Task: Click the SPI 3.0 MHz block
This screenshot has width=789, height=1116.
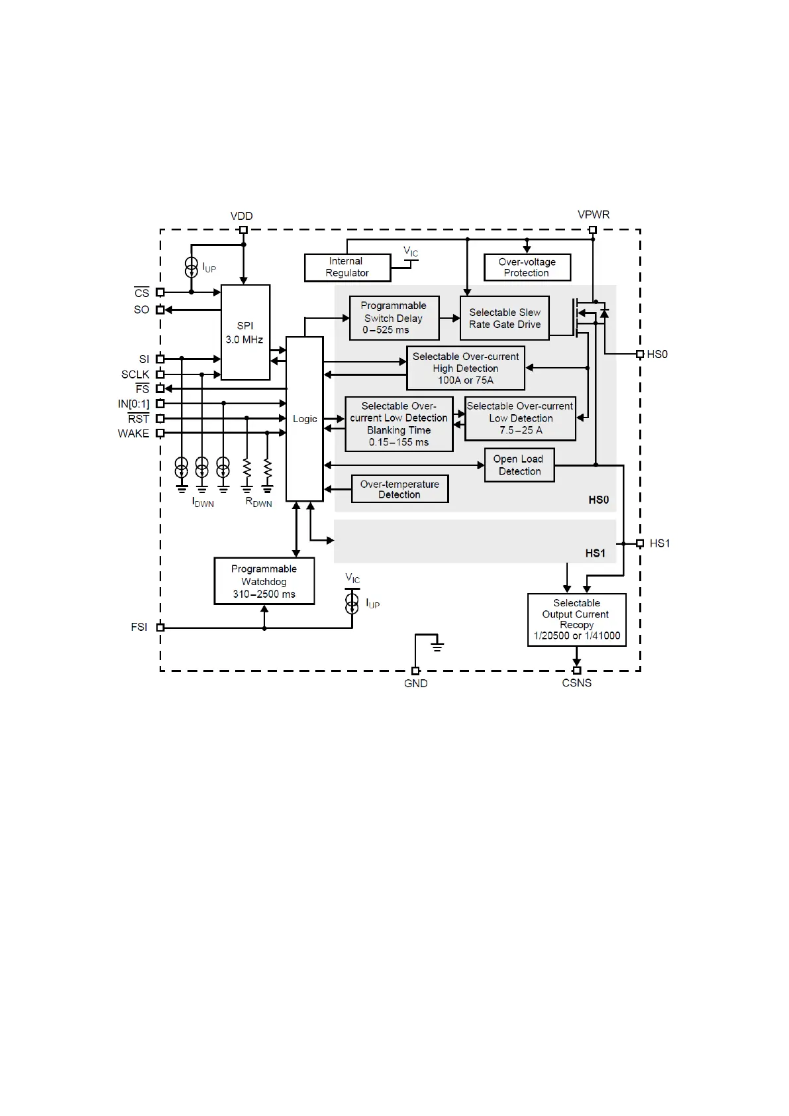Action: [245, 332]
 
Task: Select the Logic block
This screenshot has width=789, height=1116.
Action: [305, 419]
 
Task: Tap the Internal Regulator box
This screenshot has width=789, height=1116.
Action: [347, 267]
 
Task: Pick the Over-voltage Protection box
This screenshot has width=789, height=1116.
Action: [527, 267]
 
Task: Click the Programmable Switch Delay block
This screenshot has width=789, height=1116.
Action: [394, 317]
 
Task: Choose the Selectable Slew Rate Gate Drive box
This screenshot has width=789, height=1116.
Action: [505, 318]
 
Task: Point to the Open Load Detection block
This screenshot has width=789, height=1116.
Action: [519, 465]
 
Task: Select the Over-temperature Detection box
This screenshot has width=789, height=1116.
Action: [399, 489]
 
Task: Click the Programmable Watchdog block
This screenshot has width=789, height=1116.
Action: [264, 581]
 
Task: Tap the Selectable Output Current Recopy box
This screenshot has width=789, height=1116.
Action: [576, 620]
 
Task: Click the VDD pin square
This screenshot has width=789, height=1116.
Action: [243, 230]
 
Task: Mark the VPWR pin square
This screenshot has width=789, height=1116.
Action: [593, 230]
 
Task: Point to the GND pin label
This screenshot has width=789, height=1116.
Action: [416, 683]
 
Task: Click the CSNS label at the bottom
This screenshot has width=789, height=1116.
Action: [576, 683]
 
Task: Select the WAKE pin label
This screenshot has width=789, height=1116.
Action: [133, 433]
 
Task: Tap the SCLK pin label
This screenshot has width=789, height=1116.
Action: [135, 374]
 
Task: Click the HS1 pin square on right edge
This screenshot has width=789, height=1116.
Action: [640, 543]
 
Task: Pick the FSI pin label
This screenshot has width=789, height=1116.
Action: [139, 627]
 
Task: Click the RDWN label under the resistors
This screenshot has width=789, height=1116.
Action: [258, 502]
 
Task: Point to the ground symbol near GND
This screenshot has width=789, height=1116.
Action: [437, 644]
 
